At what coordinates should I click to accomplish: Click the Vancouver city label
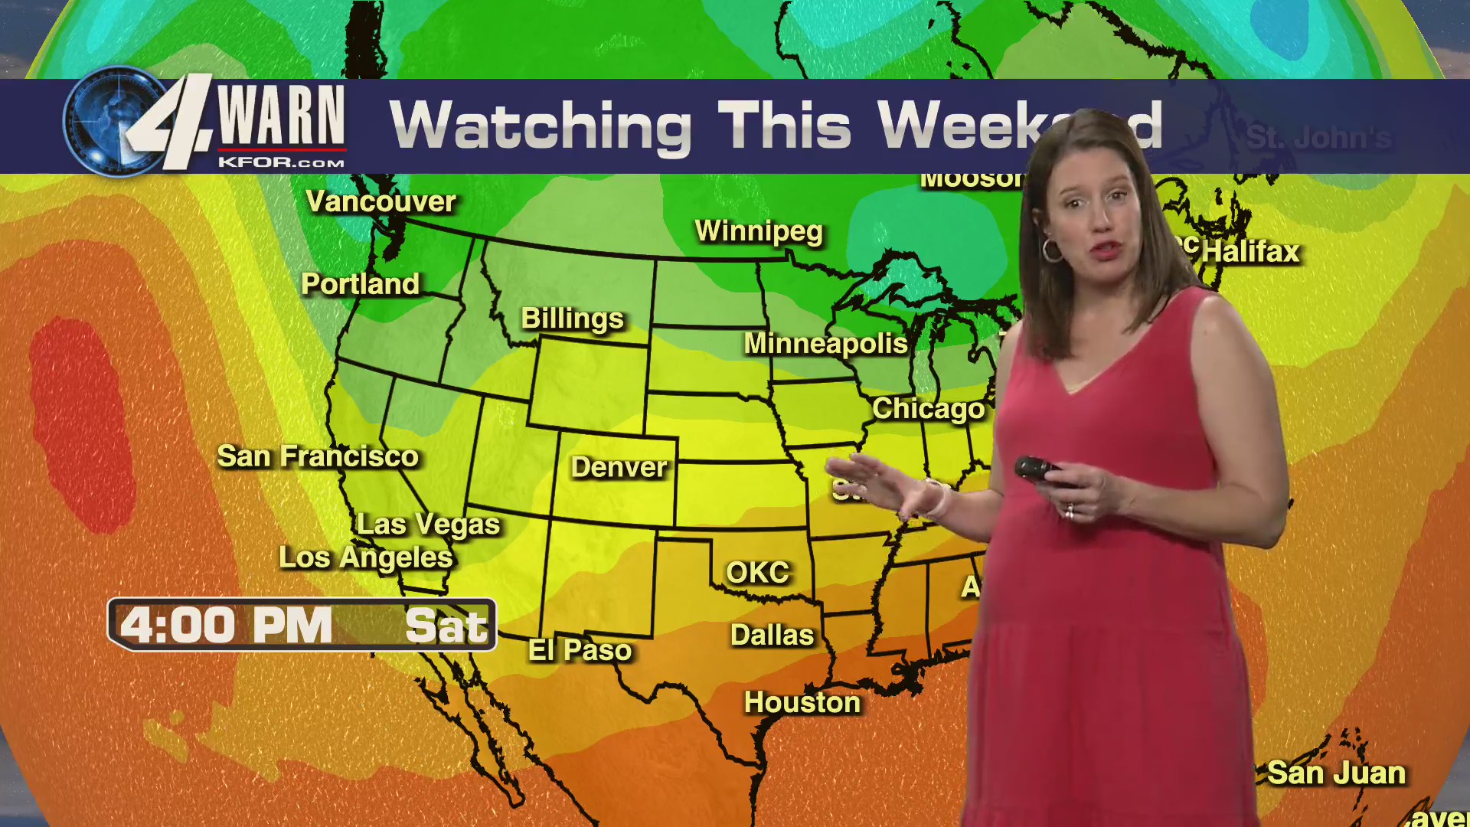[381, 201]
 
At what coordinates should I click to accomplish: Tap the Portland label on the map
[360, 284]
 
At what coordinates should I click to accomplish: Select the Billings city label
[573, 319]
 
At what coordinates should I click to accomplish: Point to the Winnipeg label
[759, 231]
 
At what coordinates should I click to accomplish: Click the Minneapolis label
[825, 344]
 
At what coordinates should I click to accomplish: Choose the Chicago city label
[928, 409]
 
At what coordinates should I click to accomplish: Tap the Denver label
[619, 467]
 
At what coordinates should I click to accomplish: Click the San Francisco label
[318, 456]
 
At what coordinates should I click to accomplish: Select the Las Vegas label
[428, 525]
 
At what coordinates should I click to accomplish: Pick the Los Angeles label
[366, 557]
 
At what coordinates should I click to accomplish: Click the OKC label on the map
[757, 573]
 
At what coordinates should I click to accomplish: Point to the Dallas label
[772, 636]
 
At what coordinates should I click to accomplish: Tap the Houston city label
[802, 703]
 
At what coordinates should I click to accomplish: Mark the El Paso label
[580, 651]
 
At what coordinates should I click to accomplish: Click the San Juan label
[1336, 773]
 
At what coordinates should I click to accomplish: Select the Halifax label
[1251, 252]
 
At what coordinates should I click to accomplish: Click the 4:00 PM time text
[226, 626]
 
